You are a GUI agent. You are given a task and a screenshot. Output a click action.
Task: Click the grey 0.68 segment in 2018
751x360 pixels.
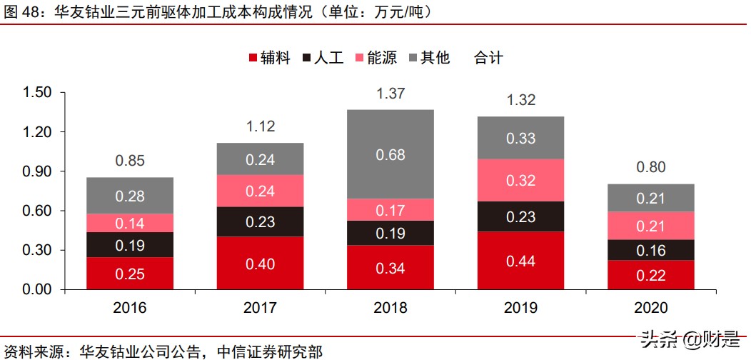390,154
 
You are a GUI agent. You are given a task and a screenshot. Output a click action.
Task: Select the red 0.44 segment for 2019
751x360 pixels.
521,261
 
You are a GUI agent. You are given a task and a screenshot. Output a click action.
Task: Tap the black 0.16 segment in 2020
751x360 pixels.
651,250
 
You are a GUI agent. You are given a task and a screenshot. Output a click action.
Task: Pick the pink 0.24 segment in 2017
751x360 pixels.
261,191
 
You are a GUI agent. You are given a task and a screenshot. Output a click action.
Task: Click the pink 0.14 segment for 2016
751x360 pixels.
130,223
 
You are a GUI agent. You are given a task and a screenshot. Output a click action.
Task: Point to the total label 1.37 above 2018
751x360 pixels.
390,93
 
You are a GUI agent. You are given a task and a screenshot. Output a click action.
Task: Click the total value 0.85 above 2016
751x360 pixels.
130,161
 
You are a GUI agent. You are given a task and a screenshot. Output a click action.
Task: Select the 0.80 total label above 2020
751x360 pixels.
651,167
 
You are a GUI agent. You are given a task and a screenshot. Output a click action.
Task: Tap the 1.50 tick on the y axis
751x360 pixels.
37,93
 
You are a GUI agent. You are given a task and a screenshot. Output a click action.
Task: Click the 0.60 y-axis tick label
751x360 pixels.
37,211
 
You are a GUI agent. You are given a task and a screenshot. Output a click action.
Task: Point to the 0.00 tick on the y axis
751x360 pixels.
37,289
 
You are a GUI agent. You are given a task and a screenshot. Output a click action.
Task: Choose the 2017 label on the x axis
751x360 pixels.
261,308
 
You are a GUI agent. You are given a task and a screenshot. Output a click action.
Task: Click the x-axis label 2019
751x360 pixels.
521,308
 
